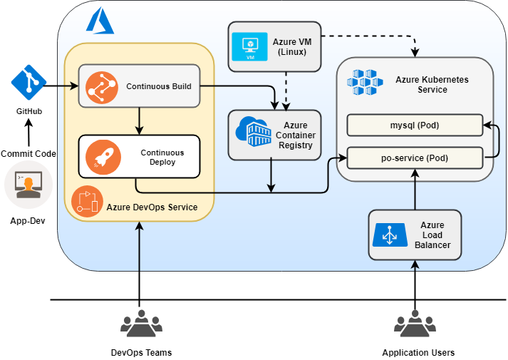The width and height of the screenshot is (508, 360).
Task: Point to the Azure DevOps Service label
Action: coord(152,207)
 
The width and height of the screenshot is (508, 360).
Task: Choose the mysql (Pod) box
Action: coord(414,125)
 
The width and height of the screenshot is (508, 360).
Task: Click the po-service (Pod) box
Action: coord(414,157)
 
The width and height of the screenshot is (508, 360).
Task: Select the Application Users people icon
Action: coord(415,325)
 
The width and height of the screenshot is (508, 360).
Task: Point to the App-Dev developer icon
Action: coord(28,185)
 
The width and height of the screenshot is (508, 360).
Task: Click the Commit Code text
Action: coord(28,153)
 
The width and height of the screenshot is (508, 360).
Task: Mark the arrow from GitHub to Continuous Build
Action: coord(61,86)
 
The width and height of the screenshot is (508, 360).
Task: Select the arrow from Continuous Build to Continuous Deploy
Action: coord(139,121)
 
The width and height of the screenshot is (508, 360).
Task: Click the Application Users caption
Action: coord(418,353)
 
